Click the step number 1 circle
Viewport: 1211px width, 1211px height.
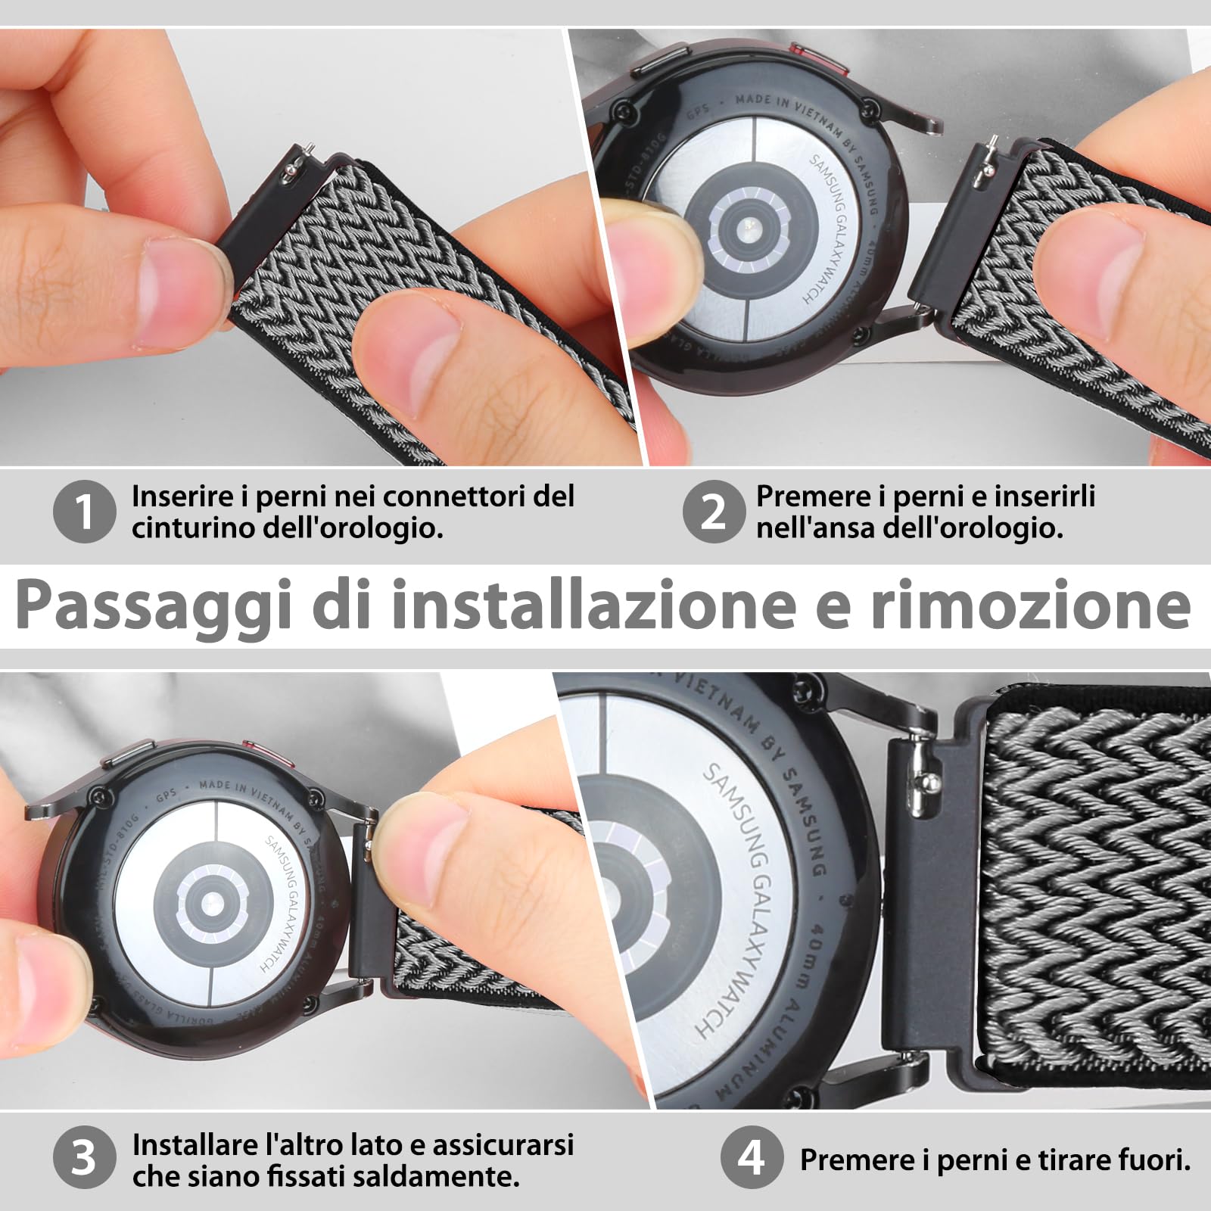[85, 511]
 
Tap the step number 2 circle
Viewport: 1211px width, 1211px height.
[714, 511]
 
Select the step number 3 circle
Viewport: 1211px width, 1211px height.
[85, 1157]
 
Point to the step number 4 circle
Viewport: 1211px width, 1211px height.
[750, 1157]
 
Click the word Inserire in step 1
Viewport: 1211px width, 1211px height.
[182, 497]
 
